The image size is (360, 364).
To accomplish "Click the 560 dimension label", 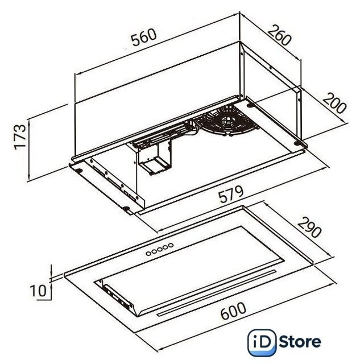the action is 144,37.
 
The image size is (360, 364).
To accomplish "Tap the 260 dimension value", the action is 279,35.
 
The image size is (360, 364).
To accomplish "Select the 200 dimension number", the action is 334,103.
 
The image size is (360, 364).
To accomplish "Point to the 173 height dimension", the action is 20,137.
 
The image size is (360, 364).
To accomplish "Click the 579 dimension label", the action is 231,194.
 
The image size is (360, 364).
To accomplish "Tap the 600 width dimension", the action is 233,311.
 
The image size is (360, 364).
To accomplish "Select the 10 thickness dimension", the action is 38,291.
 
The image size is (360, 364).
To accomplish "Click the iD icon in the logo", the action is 262,342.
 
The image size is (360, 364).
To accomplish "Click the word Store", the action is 300,341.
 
